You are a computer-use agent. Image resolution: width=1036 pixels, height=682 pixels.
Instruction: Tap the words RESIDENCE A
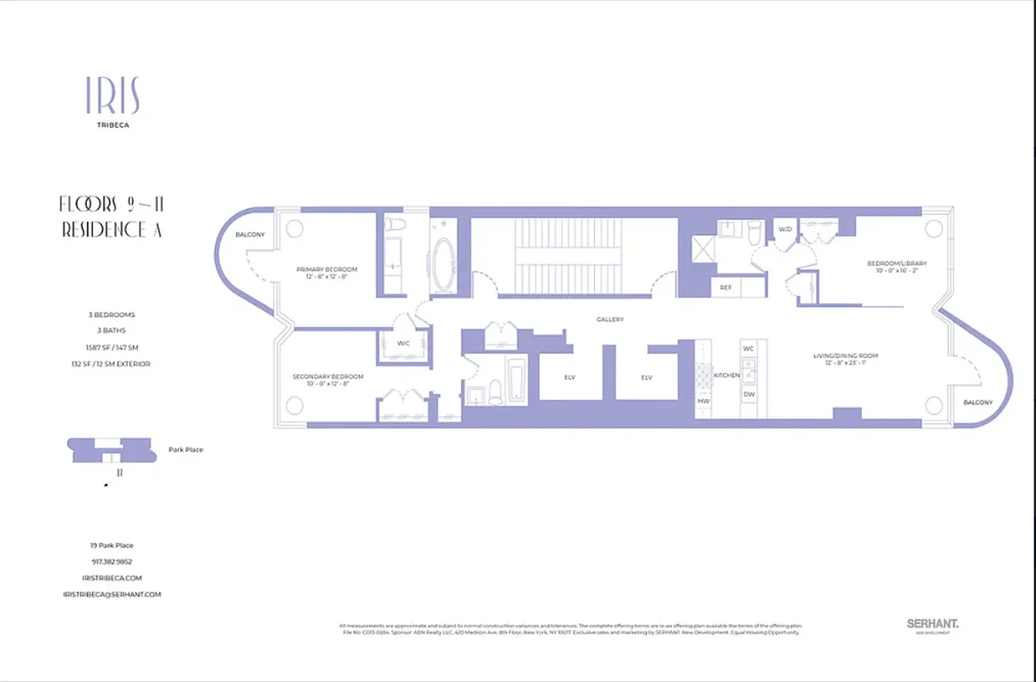[112, 230]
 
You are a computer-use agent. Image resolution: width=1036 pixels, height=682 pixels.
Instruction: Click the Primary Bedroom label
[327, 269]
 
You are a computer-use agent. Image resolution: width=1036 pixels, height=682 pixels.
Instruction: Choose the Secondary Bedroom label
[328, 377]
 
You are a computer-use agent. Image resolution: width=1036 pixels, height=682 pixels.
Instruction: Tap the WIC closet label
[403, 344]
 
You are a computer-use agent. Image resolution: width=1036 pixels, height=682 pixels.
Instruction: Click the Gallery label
[610, 320]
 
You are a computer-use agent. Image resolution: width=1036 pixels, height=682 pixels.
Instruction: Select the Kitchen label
[726, 375]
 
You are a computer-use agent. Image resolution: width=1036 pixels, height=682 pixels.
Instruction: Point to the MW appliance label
[704, 400]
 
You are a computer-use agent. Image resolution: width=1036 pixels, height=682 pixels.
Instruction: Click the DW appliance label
[749, 394]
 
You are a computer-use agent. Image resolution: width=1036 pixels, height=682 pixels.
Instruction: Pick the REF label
[726, 287]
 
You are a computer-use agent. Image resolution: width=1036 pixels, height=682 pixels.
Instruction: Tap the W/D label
[784, 229]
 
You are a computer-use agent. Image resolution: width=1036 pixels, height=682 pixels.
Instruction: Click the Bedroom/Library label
[897, 263]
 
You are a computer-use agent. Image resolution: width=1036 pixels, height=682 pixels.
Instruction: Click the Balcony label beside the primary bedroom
[250, 234]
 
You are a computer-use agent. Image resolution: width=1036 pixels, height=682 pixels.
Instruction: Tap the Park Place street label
[186, 450]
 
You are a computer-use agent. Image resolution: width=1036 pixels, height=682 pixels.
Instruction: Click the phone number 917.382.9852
[112, 562]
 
